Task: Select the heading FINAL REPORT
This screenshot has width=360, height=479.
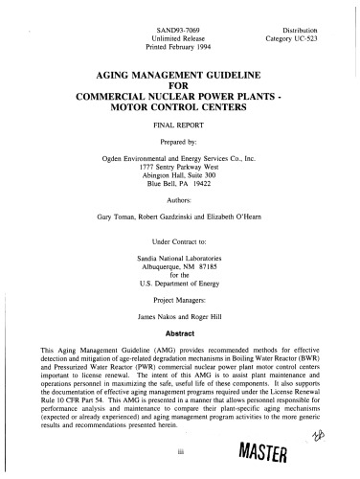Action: click(180, 125)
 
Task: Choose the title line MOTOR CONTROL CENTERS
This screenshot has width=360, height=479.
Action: click(180, 108)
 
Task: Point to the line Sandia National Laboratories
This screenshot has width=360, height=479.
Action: click(180, 259)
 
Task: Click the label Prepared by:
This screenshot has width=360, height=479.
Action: click(180, 141)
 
